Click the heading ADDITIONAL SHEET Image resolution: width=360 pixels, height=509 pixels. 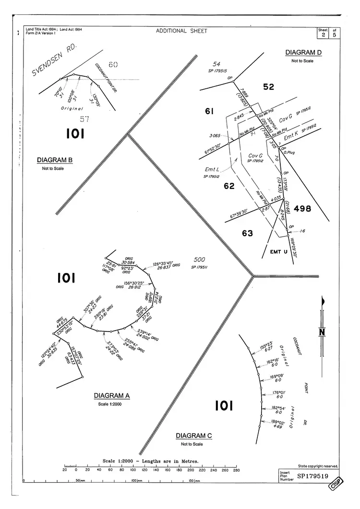click(x=182, y=31)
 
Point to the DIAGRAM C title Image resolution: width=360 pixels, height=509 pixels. click(x=193, y=436)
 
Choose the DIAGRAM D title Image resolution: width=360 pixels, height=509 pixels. click(x=303, y=52)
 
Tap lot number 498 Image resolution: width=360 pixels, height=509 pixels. click(x=302, y=209)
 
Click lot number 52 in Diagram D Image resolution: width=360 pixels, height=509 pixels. click(x=268, y=87)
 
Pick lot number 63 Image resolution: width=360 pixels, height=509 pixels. click(x=247, y=233)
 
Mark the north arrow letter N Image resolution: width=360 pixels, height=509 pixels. click(x=322, y=331)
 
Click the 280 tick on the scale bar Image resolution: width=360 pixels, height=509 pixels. click(x=236, y=470)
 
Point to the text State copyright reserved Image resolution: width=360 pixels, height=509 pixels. click(x=318, y=466)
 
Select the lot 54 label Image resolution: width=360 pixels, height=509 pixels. click(x=216, y=64)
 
